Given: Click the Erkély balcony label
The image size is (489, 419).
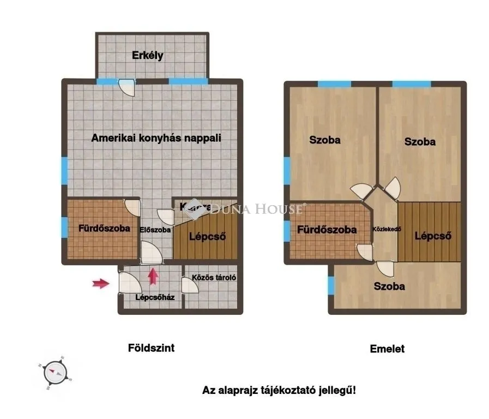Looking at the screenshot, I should tap(148, 56).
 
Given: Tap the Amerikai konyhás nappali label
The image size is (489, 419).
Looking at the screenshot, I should tap(156, 137).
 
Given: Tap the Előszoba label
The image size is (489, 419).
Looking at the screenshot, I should tap(155, 230).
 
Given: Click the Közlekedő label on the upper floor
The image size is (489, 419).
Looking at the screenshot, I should tap(387, 229).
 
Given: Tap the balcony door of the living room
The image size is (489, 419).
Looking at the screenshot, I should tap(126, 86).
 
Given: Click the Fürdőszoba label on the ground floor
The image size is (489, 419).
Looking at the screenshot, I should tap(104, 228).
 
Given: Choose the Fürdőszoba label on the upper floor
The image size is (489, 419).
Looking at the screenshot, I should tap(327, 230).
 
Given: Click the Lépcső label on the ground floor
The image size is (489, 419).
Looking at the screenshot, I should tap(207, 236).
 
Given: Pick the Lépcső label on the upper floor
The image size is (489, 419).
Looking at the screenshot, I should tap(432, 236).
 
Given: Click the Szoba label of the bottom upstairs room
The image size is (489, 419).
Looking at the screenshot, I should tap(389, 286).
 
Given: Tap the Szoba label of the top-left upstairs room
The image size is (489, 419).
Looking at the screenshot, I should tap(325, 140).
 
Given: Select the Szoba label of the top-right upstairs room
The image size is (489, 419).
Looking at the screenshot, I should tap(420, 141).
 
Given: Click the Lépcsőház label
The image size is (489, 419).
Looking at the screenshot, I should tap(155, 297).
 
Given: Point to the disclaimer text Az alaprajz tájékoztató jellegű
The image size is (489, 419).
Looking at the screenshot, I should tap(279, 390).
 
